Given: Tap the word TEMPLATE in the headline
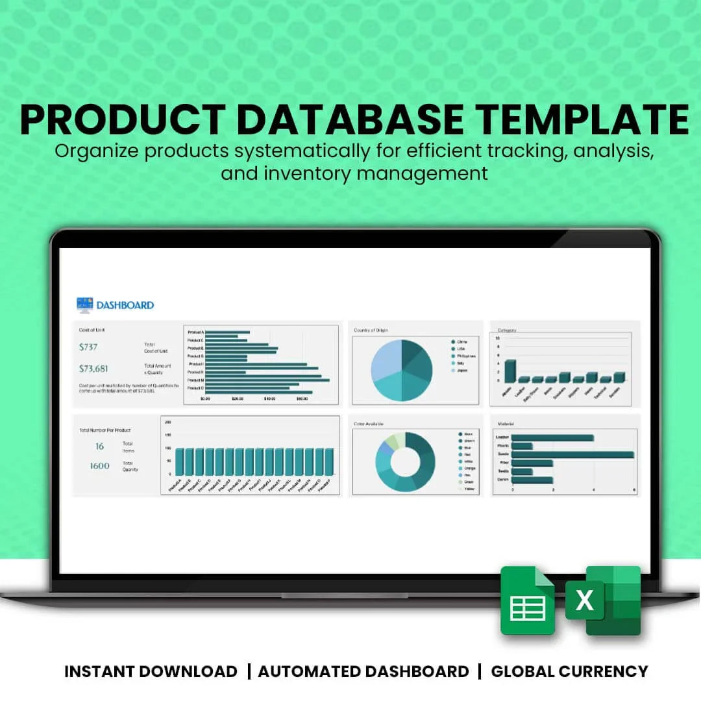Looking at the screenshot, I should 581,118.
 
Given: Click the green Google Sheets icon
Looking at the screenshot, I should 527,601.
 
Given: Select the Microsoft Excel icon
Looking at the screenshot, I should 604,601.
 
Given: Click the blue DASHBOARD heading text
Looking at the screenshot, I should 125,305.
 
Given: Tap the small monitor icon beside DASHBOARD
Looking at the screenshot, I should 84,304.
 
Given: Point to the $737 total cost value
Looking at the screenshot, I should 88,347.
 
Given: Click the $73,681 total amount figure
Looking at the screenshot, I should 93,369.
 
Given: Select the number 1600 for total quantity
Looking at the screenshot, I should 100,465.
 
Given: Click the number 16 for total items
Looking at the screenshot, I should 99,446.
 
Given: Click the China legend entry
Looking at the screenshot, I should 462,341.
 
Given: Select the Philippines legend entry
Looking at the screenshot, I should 466,356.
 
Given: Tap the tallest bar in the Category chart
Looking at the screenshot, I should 510,371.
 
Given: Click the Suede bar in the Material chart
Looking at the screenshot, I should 572,454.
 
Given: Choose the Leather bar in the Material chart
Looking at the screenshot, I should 552,437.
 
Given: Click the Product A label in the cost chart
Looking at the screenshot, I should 195,332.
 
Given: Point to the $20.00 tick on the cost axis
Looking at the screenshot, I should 237,399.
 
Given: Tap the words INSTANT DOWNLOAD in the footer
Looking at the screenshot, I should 151,671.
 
